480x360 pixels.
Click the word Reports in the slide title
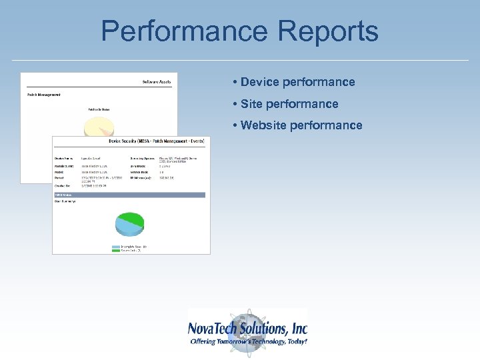[x=325, y=31]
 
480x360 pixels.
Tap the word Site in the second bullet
[x=251, y=104]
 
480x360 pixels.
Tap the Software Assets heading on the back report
[x=158, y=81]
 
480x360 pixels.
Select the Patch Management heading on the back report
[x=44, y=95]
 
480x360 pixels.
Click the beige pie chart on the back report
[x=97, y=127]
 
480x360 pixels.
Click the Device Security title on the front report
[x=157, y=141]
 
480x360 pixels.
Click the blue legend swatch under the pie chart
[x=116, y=247]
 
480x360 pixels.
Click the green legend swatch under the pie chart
[x=116, y=250]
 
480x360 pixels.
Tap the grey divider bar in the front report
[x=130, y=195]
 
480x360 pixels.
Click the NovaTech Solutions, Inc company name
[x=247, y=329]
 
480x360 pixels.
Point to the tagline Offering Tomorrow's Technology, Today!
[x=249, y=341]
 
